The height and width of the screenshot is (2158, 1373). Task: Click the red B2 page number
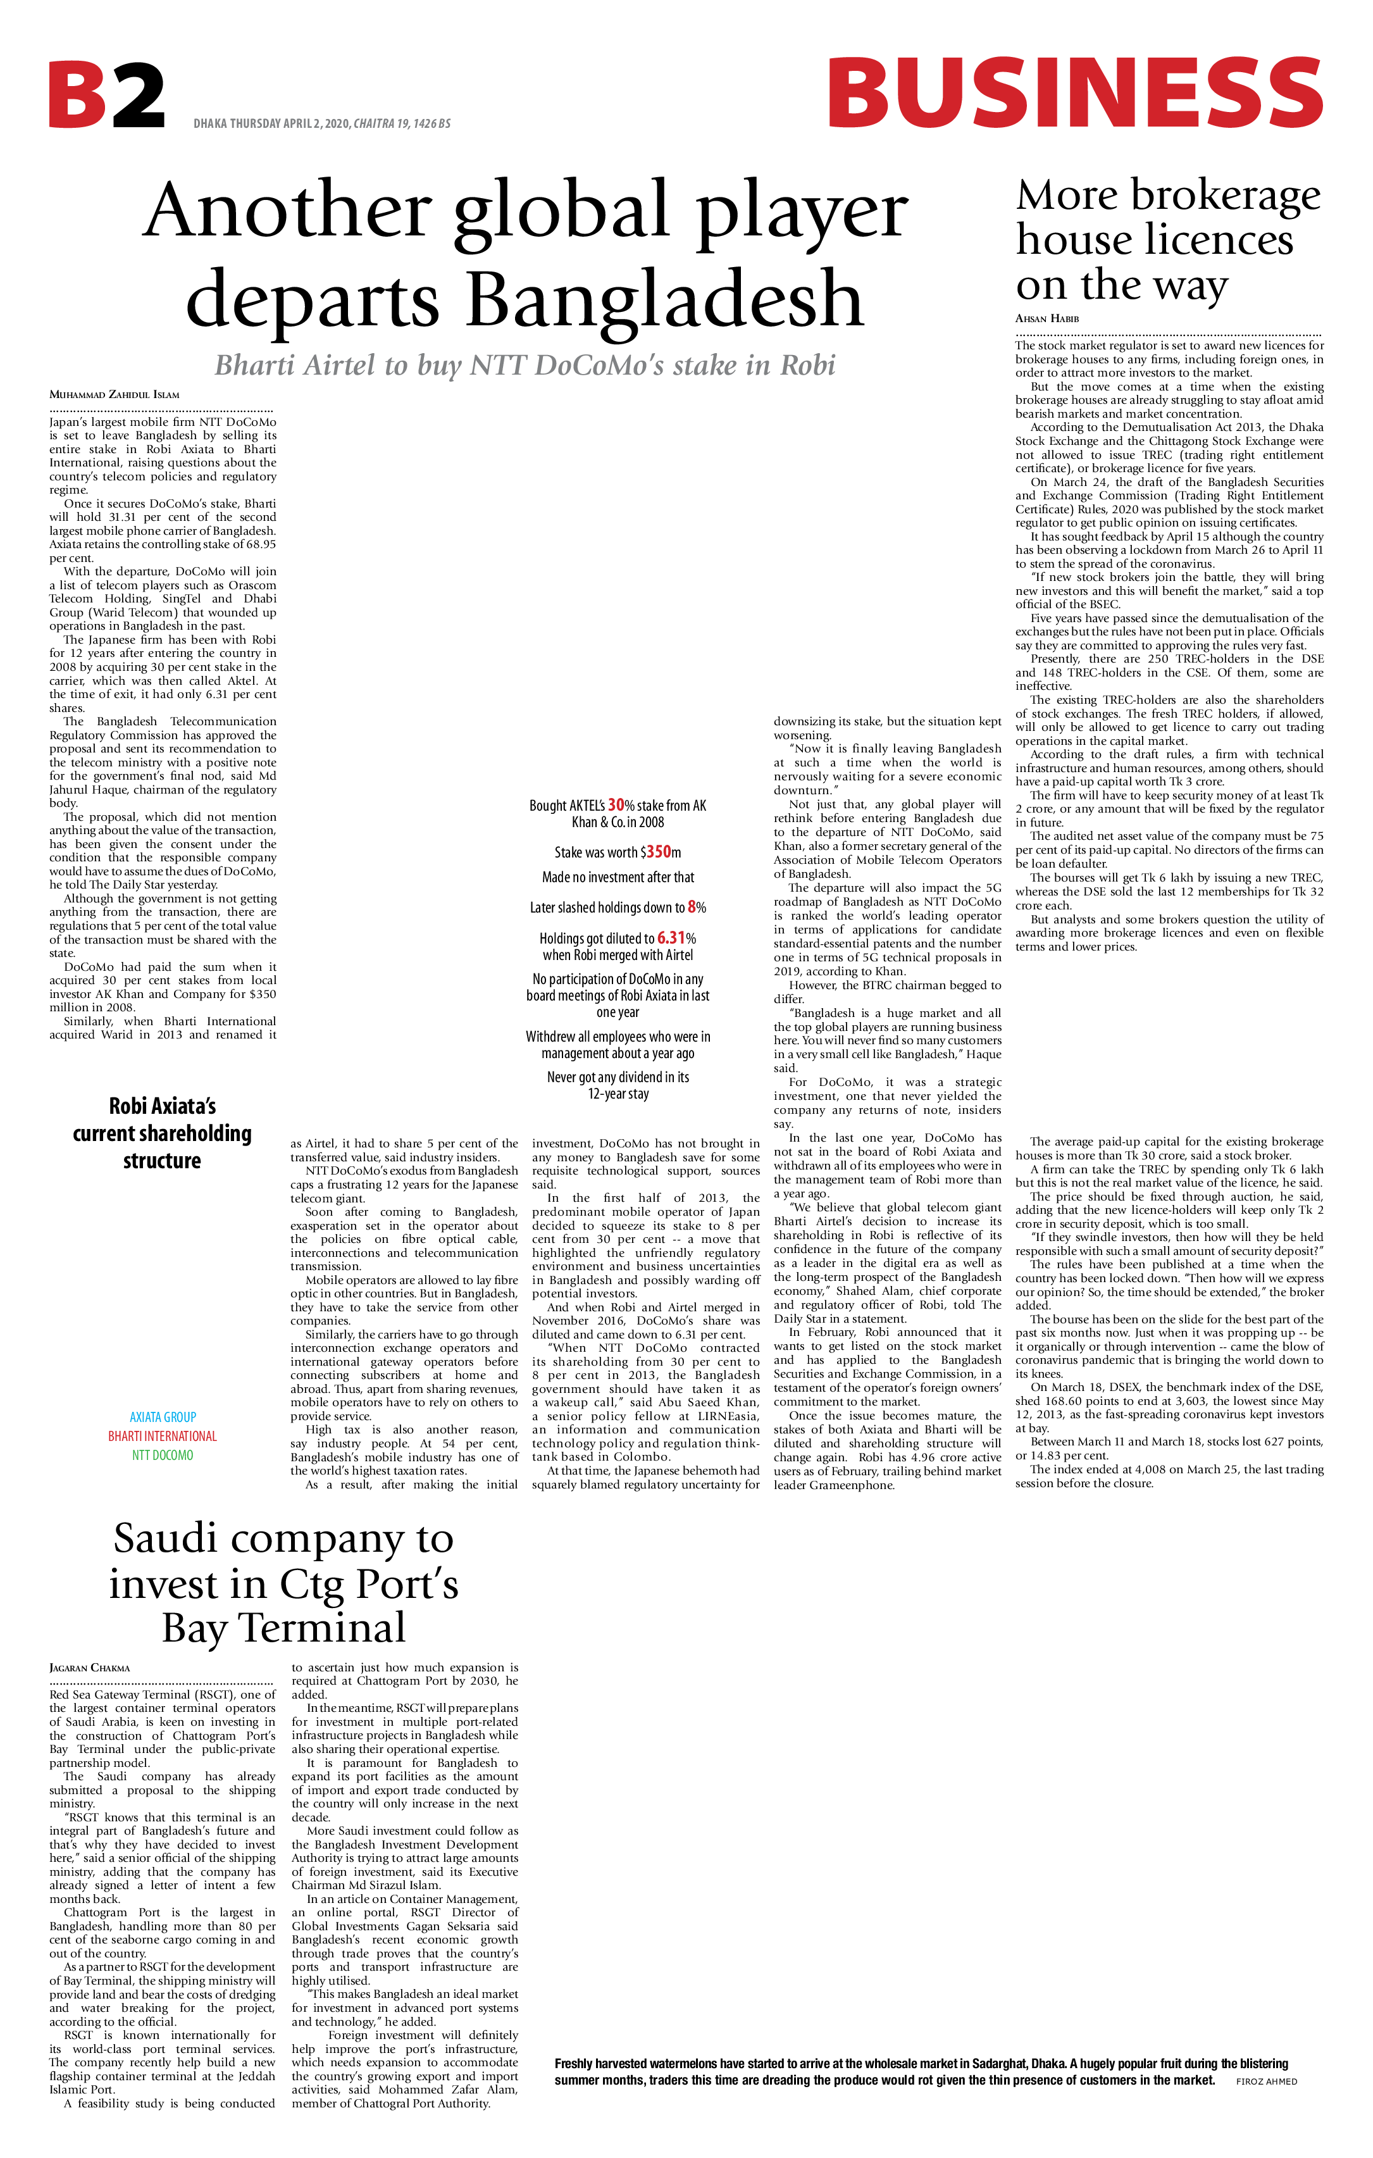pyautogui.click(x=107, y=95)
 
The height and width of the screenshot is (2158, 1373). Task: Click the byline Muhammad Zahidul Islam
pyautogui.click(x=114, y=394)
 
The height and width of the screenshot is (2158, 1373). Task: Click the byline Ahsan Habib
pyautogui.click(x=1047, y=319)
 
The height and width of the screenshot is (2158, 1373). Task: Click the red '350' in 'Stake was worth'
pyautogui.click(x=659, y=852)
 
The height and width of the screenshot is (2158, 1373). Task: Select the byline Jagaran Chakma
pyautogui.click(x=90, y=1668)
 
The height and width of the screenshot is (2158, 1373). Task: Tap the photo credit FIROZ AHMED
pyautogui.click(x=1265, y=2081)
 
